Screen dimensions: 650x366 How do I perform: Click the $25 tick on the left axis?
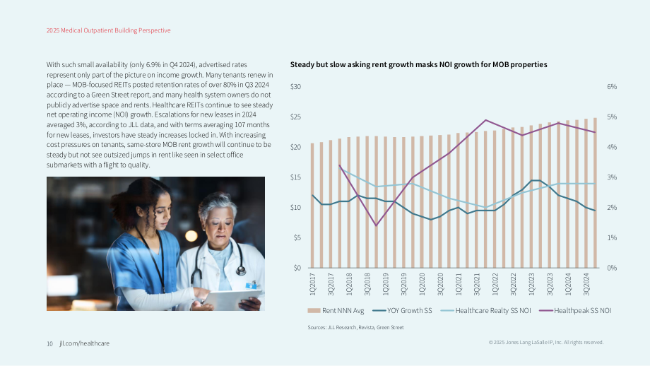[295, 117]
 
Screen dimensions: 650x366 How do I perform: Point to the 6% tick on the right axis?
[612, 87]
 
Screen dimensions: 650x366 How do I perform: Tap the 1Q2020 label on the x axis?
[422, 284]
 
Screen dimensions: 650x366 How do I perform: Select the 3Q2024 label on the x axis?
[586, 284]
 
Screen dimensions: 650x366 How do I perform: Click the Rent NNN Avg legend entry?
[336, 310]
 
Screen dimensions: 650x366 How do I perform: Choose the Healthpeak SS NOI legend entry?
[575, 310]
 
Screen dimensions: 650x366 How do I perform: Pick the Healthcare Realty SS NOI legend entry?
[485, 310]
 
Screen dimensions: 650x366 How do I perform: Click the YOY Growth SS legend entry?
[402, 310]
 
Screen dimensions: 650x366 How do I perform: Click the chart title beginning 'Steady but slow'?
[419, 65]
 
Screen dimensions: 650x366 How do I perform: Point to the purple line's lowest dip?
[376, 225]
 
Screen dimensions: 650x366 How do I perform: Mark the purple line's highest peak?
[485, 120]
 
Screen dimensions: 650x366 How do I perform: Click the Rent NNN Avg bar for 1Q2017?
[312, 206]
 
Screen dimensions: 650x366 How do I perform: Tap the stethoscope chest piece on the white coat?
[241, 270]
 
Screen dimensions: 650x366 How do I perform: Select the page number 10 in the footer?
[49, 343]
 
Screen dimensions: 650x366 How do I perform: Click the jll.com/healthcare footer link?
[85, 343]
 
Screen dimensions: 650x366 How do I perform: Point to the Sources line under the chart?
[355, 327]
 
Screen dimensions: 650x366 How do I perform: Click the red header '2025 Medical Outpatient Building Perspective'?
[109, 30]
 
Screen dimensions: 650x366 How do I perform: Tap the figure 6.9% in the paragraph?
[153, 65]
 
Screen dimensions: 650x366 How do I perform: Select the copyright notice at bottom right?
[546, 343]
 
